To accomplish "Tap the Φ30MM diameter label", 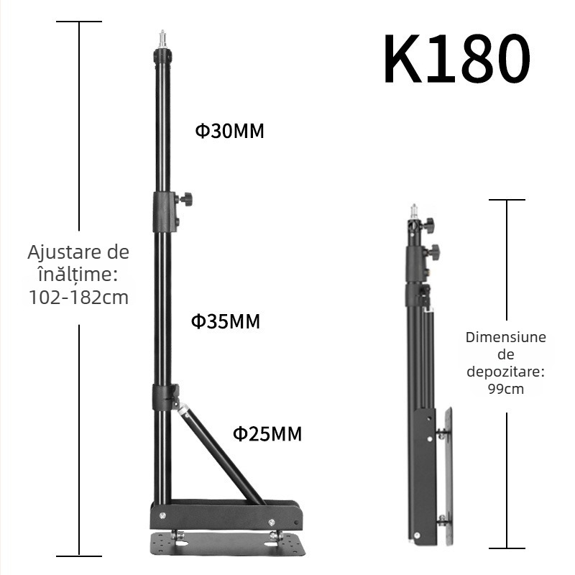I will coord(230,132).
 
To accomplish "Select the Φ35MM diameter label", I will coord(225,321).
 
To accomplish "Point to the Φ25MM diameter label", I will coord(267,433).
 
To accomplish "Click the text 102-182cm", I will coord(79,297).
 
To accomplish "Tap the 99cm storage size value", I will coord(506,389).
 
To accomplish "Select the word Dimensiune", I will coord(506,337).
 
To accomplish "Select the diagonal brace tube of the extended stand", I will coord(220,452).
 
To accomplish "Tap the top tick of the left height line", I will coord(79,22).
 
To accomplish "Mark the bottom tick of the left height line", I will coord(79,555).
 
